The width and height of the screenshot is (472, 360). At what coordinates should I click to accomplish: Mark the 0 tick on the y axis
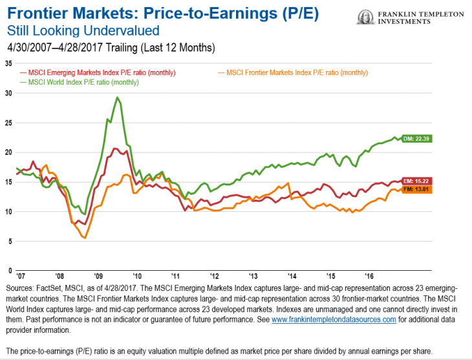pyautogui.click(x=10, y=271)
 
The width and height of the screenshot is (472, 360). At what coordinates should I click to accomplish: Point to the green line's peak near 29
pyautogui.click(x=117, y=98)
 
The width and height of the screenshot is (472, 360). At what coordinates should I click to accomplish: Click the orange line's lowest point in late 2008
pyautogui.click(x=84, y=238)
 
